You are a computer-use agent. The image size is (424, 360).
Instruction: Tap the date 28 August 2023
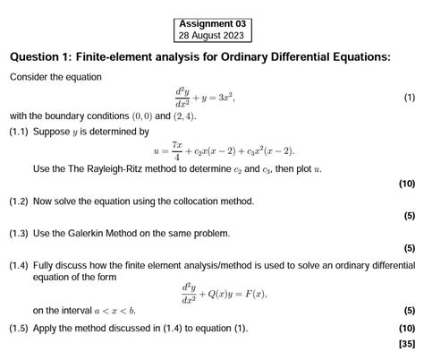214,36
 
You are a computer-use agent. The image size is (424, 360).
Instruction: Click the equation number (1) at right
409,97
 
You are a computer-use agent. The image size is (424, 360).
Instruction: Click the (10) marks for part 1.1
407,184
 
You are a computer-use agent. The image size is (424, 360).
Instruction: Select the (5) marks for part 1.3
410,248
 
